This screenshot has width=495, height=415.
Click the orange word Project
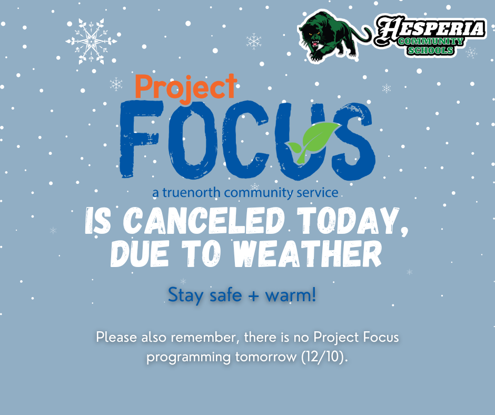[x=185, y=87]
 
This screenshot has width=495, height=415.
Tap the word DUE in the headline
[x=138, y=255]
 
